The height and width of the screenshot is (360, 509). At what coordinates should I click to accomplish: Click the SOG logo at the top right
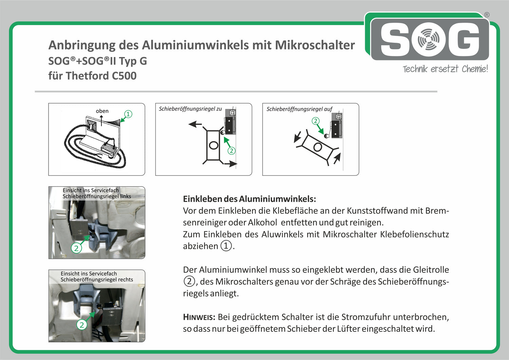[x=430, y=39]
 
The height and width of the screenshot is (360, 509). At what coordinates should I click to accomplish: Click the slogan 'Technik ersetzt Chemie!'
[x=445, y=69]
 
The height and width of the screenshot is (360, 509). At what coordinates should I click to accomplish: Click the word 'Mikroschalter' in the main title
[x=315, y=45]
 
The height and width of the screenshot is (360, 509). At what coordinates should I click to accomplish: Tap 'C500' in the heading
[x=124, y=76]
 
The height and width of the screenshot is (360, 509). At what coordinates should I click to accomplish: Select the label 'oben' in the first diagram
[x=102, y=111]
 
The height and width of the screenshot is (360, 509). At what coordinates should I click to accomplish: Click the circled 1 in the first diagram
[x=128, y=114]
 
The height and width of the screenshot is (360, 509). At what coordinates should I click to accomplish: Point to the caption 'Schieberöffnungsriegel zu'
[x=190, y=109]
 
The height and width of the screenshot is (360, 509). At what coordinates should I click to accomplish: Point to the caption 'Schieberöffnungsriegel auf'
[x=299, y=109]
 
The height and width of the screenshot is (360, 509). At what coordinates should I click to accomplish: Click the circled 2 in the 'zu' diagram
[x=231, y=151]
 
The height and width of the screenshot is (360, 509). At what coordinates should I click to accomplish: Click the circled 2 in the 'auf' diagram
[x=316, y=121]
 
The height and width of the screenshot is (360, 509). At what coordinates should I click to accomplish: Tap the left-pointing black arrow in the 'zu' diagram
[x=195, y=124]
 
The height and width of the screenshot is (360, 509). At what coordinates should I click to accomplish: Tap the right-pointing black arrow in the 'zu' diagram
[x=230, y=164]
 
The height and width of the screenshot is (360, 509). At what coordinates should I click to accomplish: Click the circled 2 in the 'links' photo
[x=76, y=248]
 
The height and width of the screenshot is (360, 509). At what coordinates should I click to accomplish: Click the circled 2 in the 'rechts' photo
[x=81, y=325]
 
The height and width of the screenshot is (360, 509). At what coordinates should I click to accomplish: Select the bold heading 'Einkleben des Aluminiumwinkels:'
[x=249, y=199]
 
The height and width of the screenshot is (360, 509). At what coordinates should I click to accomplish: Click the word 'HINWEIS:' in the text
[x=199, y=317]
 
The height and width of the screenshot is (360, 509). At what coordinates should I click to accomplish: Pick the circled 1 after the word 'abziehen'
[x=226, y=246]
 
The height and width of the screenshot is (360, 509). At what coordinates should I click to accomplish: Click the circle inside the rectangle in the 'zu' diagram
[x=213, y=145]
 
